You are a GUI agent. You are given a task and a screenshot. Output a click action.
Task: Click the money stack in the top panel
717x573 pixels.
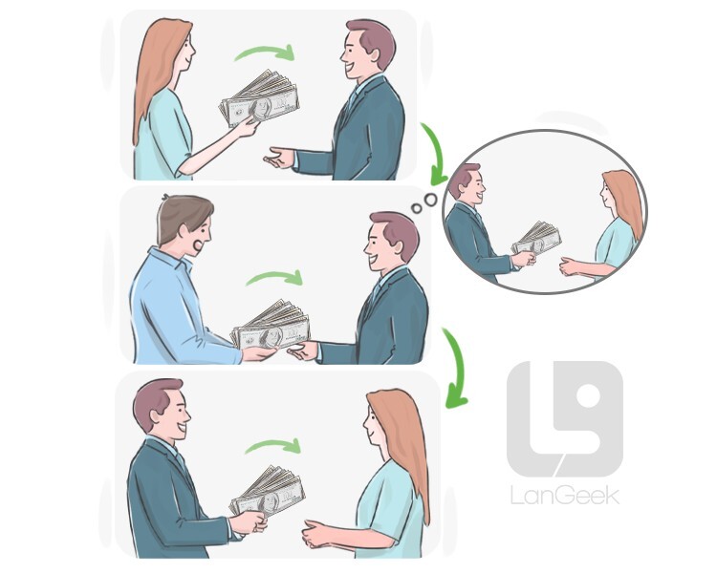(x=260, y=98)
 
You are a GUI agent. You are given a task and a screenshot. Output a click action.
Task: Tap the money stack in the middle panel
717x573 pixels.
(x=271, y=325)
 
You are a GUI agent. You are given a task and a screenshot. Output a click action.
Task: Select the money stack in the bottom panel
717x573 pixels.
(x=267, y=491)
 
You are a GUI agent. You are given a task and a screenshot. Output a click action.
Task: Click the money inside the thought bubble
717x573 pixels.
(x=536, y=238)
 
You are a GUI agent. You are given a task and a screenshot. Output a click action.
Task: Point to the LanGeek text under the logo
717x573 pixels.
(x=565, y=496)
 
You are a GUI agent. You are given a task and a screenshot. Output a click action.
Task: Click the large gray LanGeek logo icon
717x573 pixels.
(x=565, y=418)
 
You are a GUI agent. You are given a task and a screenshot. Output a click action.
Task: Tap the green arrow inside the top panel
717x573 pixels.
(x=264, y=53)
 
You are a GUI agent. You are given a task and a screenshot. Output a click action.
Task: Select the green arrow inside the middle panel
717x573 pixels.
(x=274, y=277)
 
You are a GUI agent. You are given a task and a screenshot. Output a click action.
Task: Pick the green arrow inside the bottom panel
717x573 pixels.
(x=273, y=446)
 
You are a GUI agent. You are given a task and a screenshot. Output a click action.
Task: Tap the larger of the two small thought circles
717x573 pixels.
(x=430, y=200)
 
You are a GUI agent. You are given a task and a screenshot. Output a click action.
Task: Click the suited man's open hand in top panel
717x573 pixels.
(x=278, y=158)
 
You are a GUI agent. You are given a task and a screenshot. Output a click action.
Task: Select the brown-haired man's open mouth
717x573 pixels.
(x=199, y=245)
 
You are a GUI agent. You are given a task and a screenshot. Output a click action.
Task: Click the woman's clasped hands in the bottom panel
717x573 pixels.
(x=315, y=534)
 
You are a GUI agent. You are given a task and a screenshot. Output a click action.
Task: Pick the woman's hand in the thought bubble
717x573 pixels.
(x=570, y=266)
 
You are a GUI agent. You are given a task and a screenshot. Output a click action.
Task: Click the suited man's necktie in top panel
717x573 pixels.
(x=352, y=99)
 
